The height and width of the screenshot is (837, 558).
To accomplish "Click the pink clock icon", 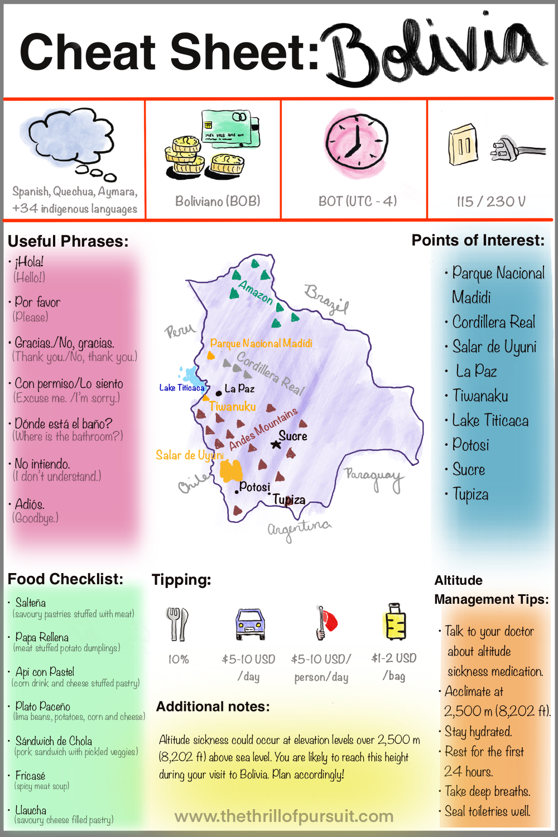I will (357, 143).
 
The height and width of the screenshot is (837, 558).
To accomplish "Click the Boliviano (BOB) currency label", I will (218, 201).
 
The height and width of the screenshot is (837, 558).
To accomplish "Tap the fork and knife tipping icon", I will (177, 623).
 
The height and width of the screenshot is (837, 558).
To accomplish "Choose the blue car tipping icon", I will (250, 623).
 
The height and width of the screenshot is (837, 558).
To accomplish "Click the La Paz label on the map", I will (239, 388).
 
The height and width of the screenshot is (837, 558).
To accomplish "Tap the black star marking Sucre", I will (276, 444).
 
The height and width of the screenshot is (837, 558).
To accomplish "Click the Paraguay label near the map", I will (373, 478).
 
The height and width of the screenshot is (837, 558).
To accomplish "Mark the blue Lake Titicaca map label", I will (182, 387).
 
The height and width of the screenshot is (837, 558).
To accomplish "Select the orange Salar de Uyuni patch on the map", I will (230, 470).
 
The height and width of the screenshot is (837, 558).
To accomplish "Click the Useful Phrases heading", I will (68, 241).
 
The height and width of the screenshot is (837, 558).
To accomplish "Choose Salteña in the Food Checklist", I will (31, 603).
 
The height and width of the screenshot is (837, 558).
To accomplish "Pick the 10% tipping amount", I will (179, 660).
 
